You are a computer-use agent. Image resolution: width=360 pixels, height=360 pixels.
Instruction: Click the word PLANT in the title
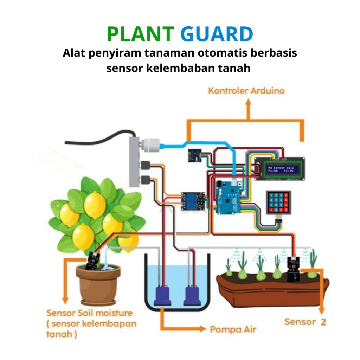pos(140,34)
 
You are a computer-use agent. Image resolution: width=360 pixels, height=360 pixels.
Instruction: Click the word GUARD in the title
pos(217,34)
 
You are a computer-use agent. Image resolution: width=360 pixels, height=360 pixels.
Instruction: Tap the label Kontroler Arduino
pos(246,91)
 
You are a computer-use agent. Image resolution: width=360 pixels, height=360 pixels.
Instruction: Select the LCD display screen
pos(279,169)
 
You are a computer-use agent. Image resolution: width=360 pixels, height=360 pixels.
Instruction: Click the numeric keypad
pos(278,203)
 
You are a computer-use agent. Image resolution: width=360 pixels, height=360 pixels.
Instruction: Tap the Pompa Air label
pos(233,329)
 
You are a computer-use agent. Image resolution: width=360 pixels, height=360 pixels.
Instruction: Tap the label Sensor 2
pos(305,321)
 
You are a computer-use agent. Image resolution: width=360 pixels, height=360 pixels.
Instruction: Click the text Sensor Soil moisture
pos(90,313)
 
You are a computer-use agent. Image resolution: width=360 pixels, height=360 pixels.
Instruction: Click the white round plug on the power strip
pos(150,144)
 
